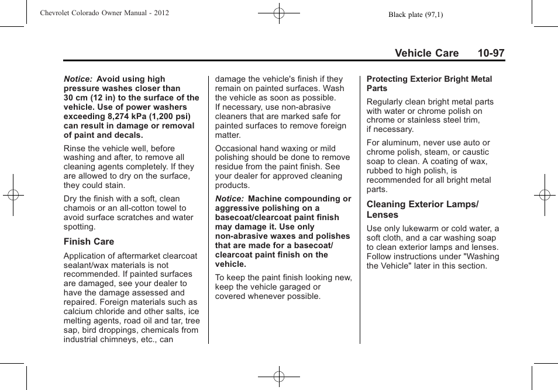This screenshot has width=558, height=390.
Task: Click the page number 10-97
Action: (x=490, y=53)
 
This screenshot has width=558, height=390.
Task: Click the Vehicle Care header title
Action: (x=426, y=53)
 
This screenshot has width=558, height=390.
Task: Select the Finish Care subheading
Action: (x=89, y=242)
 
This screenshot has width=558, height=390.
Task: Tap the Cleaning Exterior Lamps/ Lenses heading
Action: (x=422, y=210)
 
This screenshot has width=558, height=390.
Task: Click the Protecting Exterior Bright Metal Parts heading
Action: (x=429, y=83)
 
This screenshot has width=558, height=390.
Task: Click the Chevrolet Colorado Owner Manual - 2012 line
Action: (x=105, y=13)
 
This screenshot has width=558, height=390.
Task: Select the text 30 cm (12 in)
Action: (x=93, y=98)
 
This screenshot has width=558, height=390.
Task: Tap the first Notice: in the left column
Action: (x=78, y=79)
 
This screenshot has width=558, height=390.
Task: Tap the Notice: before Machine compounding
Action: (x=229, y=199)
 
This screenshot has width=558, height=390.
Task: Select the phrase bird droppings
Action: (x=109, y=330)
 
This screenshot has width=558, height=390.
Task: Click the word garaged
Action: (x=290, y=287)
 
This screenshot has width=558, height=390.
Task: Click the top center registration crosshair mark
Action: (x=279, y=12)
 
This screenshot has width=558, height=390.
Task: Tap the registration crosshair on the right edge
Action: (x=545, y=195)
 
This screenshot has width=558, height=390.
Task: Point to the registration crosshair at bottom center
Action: (x=279, y=377)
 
